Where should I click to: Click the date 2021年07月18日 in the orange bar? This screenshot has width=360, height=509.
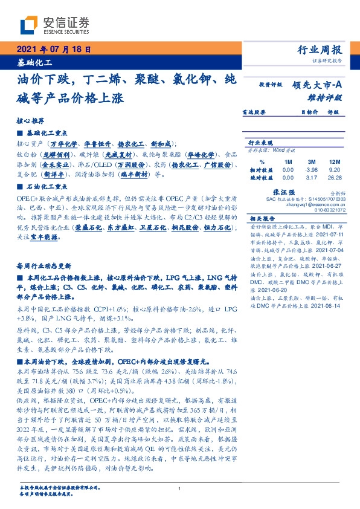[53, 50]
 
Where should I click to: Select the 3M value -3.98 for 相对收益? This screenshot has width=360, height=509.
[311, 170]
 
